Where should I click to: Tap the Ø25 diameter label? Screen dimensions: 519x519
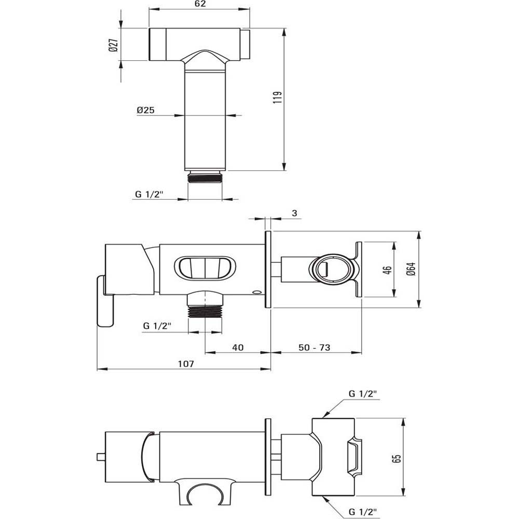146,111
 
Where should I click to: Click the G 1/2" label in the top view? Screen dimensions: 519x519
149,195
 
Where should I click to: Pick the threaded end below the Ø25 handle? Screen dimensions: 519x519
205,177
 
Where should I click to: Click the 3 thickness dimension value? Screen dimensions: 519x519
294,213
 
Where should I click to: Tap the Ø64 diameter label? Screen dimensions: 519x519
411,269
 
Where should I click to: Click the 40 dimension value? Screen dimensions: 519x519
238,347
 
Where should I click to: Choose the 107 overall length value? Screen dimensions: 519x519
185,364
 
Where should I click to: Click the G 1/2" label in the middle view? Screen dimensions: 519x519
157,326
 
